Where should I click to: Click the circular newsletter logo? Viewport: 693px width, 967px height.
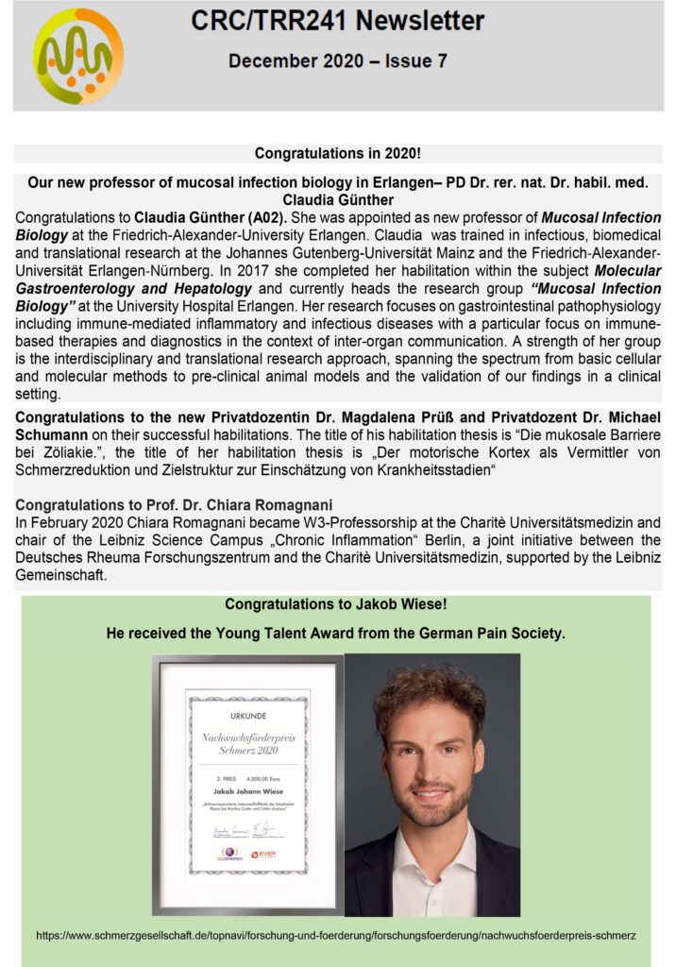pos(78,56)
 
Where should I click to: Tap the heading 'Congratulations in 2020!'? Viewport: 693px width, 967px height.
pos(337,153)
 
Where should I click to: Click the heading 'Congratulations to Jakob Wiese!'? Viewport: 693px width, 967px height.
pos(335,604)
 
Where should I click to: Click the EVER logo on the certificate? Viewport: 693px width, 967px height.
pos(264,855)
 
